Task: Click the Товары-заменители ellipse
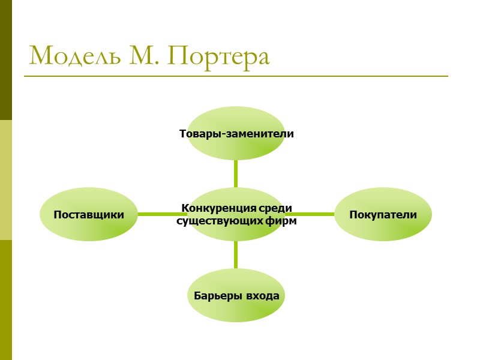[x=236, y=133]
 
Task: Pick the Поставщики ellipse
[x=89, y=214]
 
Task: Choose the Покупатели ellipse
[x=382, y=214]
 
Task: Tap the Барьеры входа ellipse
[x=236, y=296]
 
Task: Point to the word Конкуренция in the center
[x=212, y=209]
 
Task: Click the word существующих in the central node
[x=220, y=221]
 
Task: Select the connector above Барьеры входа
[x=236, y=255]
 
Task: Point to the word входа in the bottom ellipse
[x=264, y=296]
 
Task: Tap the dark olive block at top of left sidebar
[x=6, y=60]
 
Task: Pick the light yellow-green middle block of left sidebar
[x=6, y=180]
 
